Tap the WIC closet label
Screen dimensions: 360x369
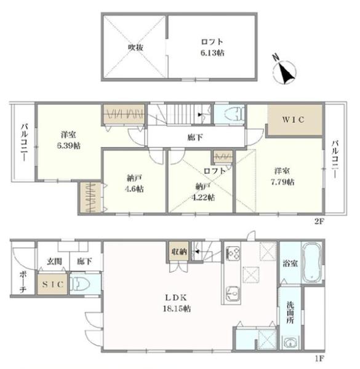click(294, 119)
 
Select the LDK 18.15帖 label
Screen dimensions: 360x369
click(177, 303)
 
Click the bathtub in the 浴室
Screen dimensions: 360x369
click(312, 263)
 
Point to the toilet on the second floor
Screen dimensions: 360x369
click(233, 114)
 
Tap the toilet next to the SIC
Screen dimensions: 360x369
click(80, 283)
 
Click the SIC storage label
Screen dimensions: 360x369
click(53, 284)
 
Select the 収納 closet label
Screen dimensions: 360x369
click(179, 252)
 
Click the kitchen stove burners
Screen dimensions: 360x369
click(233, 253)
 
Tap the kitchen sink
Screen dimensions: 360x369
click(233, 293)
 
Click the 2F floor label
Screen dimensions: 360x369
click(319, 221)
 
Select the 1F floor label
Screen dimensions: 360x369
click(319, 359)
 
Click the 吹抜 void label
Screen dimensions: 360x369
click(135, 47)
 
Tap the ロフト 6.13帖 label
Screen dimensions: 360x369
click(212, 47)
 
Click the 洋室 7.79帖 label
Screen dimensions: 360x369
click(282, 177)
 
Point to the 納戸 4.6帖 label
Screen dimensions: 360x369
click(134, 183)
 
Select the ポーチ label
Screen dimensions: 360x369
click(23, 282)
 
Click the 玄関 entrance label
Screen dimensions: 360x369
click(54, 261)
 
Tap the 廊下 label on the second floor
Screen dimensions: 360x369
click(195, 137)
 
